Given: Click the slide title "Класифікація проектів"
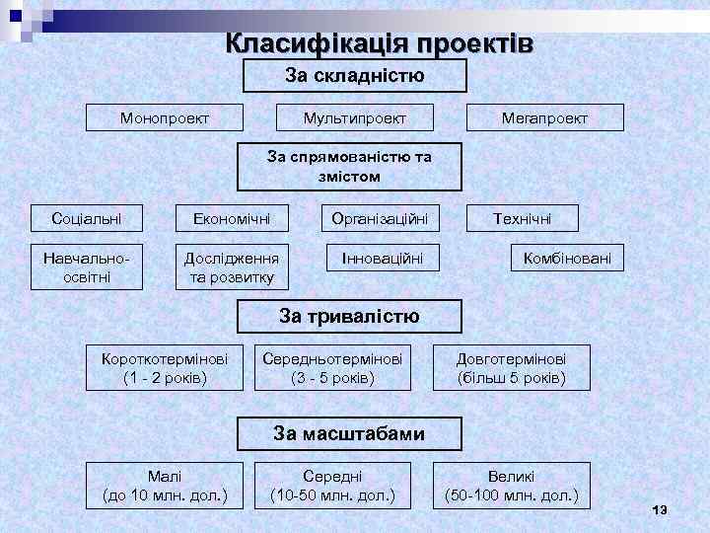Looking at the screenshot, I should (380, 44).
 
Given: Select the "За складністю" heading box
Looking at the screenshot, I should (354, 76).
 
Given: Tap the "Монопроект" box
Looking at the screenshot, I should (164, 118).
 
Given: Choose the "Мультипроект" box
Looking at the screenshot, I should (355, 118).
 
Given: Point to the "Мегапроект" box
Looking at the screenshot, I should (544, 118).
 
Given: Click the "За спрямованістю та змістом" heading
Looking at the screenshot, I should (349, 167).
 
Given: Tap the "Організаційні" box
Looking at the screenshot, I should (380, 217).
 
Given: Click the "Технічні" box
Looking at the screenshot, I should (523, 217).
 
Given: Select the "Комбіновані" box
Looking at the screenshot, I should (567, 259).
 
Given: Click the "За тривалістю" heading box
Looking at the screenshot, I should (350, 317).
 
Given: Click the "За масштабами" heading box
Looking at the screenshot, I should (349, 433).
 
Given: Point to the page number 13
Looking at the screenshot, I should (660, 508).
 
